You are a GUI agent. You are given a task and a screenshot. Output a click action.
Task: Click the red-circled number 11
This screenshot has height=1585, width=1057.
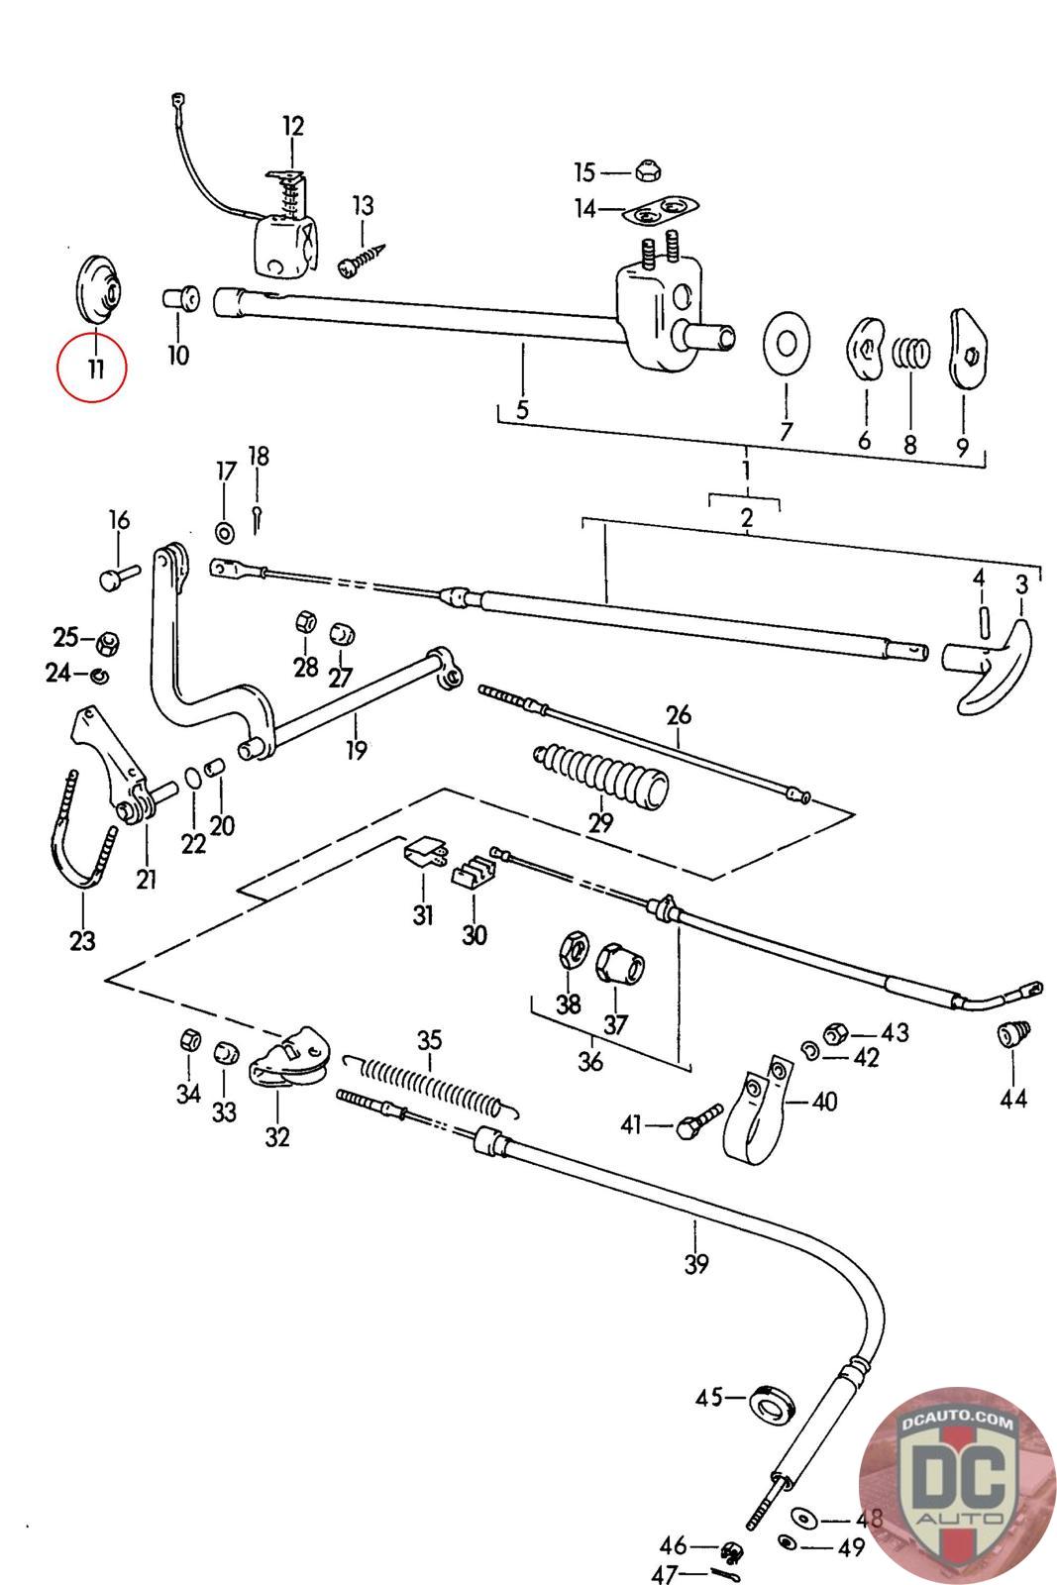click(92, 368)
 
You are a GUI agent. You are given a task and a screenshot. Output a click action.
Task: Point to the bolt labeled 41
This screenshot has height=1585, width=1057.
click(696, 1125)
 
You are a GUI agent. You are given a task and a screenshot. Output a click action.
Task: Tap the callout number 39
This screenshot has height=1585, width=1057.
click(696, 1263)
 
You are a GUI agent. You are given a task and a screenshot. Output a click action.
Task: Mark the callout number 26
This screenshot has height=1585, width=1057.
click(679, 715)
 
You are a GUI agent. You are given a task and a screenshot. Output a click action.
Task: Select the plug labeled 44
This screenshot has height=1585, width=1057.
click(1012, 1034)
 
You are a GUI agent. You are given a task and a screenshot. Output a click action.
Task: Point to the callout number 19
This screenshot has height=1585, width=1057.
click(356, 750)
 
